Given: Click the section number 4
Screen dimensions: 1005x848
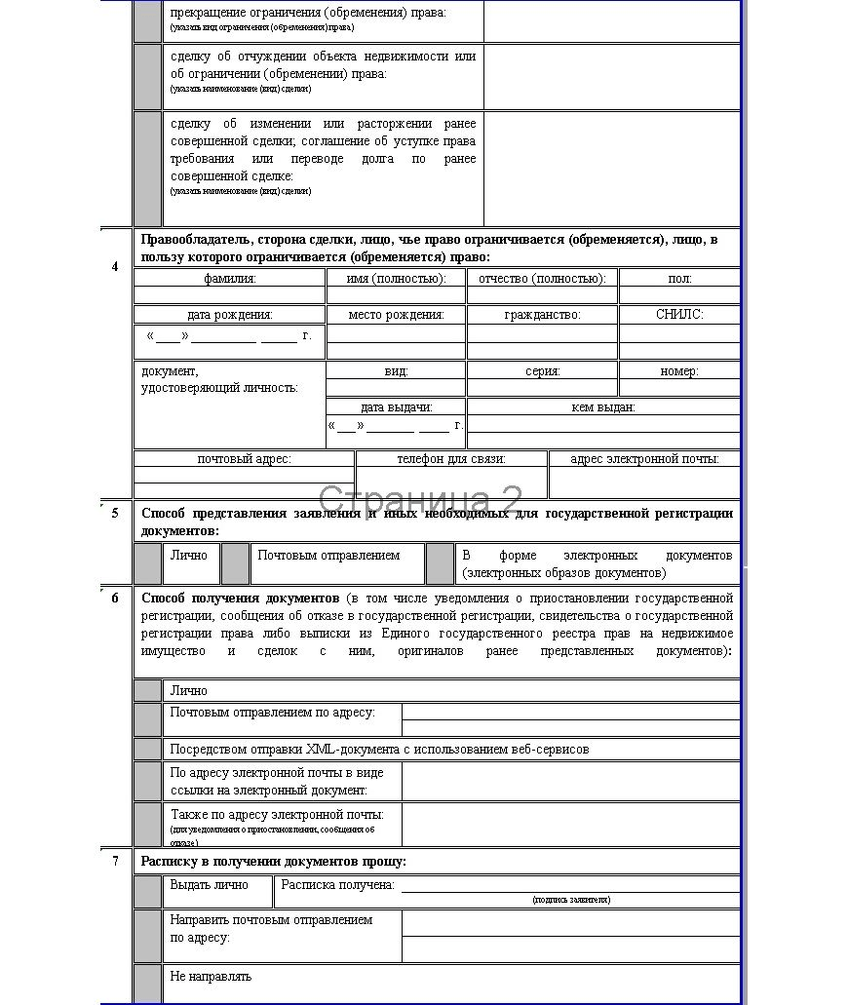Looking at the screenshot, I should [115, 266].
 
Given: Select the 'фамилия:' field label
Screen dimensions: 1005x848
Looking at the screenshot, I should [229, 279].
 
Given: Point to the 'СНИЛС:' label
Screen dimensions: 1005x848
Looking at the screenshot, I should [679, 315].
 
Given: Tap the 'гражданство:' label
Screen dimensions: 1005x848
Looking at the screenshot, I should [542, 315].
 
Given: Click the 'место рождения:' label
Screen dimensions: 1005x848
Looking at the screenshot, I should [396, 315].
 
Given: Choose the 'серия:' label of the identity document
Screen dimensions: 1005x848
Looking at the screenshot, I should [542, 371].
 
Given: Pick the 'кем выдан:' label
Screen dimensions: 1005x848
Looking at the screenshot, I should [603, 407].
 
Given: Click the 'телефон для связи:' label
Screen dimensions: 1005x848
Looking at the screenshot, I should [451, 459].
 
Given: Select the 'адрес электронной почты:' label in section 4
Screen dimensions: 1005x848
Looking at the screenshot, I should [644, 459].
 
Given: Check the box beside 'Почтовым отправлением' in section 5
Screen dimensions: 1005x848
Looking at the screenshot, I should [235, 563].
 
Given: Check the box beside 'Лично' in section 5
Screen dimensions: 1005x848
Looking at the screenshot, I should [148, 563].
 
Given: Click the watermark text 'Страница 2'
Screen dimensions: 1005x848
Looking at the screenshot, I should [420, 501].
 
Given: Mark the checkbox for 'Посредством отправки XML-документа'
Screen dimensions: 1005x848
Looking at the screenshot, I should [148, 750].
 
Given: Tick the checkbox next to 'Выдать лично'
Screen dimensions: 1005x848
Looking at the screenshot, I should [148, 891].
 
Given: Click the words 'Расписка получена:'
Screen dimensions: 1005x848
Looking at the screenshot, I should [337, 885].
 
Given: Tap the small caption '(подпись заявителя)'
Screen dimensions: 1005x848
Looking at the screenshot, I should [571, 900].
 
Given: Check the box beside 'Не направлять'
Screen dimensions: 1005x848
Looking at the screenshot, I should [148, 983].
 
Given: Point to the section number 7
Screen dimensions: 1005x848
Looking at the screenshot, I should [115, 861].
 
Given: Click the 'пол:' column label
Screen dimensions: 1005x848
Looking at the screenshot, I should [679, 279].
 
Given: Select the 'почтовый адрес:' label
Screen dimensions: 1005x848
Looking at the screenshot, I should [244, 459].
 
